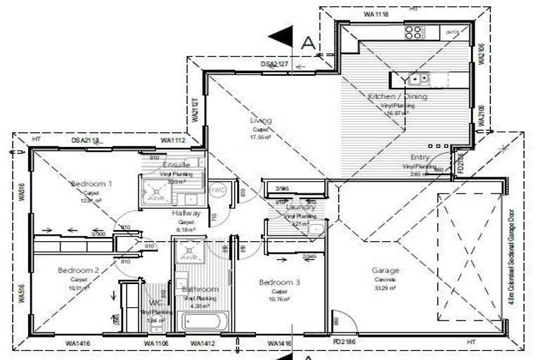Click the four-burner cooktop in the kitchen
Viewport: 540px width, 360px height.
413,31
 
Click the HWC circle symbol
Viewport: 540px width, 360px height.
217,191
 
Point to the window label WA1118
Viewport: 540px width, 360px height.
376,13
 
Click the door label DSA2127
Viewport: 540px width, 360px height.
275,64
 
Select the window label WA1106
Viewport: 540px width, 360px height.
157,343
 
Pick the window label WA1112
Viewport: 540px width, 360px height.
172,141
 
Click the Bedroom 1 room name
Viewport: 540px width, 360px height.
92,184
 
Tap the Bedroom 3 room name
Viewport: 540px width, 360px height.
279,282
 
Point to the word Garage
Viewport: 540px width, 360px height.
385,271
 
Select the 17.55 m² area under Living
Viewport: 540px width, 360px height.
260,138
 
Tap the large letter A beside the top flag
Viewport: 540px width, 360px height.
307,41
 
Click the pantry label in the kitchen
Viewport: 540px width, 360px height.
452,31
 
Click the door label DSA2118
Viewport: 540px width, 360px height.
86,141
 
